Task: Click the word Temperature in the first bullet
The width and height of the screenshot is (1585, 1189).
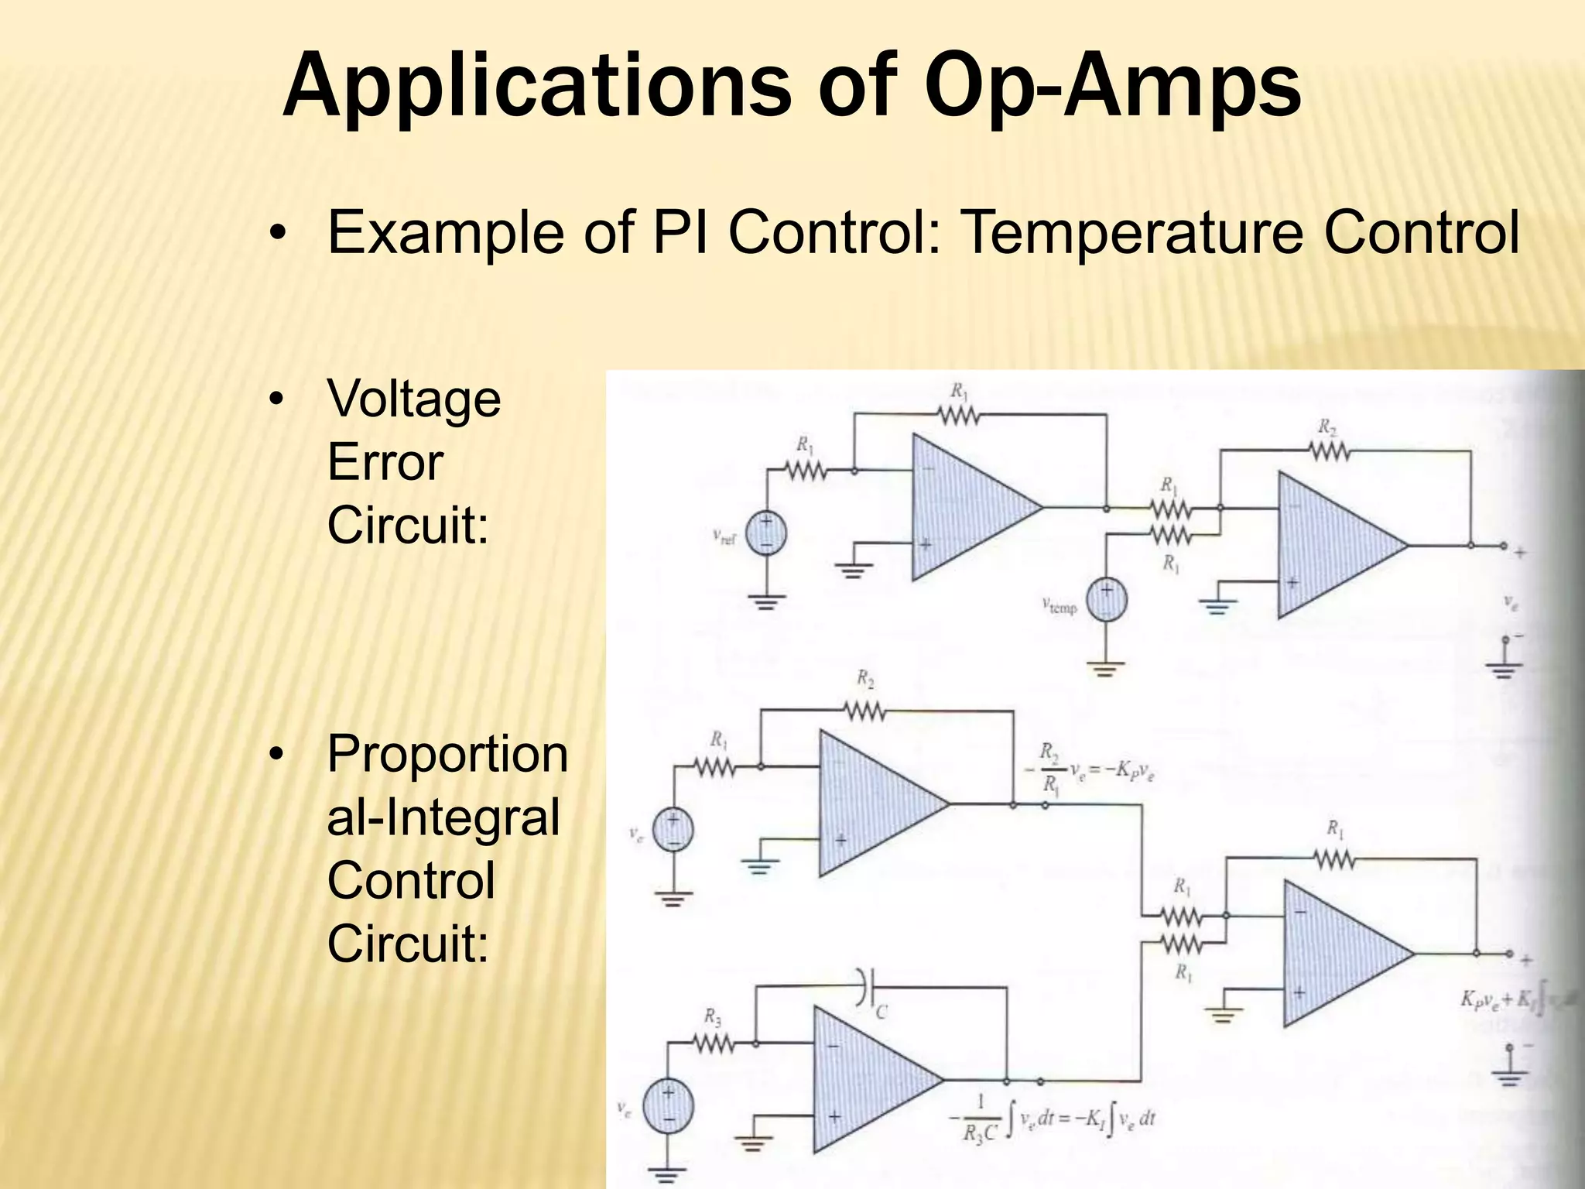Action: click(1135, 231)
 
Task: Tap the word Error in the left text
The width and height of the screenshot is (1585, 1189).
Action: click(385, 463)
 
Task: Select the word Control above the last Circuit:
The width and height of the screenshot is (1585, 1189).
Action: click(410, 881)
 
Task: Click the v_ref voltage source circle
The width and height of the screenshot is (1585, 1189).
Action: click(766, 533)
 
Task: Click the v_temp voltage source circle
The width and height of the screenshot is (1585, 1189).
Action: click(1106, 600)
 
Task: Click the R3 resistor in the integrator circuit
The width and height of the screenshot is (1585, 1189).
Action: click(714, 1044)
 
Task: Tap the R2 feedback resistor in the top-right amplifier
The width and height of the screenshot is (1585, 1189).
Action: click(1330, 450)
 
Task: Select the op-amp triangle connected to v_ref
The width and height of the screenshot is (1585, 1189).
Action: click(967, 508)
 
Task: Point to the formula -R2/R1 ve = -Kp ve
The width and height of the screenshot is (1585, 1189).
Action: click(1095, 769)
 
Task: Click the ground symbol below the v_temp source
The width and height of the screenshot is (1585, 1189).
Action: click(1106, 668)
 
